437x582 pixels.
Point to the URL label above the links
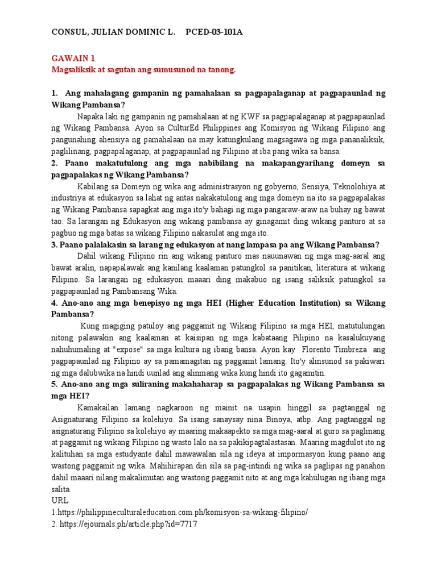click(x=59, y=500)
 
